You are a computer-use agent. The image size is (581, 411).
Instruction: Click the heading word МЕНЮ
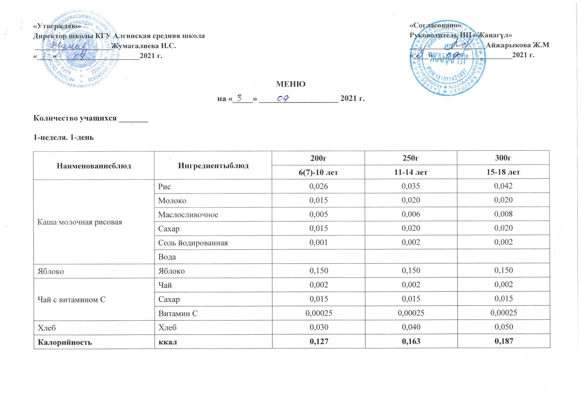coord(291,84)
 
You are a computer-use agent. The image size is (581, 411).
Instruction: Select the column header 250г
coord(411,158)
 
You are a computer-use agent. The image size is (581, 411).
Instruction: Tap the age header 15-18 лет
coord(503,172)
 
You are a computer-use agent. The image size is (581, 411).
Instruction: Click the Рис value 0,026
coord(318,186)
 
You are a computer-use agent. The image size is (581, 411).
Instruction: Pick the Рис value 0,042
coord(503,186)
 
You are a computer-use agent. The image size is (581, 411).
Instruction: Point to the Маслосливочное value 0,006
coord(411,214)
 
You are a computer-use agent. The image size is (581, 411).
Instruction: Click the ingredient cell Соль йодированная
coord(193,243)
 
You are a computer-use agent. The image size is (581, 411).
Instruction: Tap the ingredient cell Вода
coord(167,257)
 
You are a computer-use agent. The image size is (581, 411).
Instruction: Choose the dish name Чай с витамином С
coord(72,300)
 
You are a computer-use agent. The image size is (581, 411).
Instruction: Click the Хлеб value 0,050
coord(504,327)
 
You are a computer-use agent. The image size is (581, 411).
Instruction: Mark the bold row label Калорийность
coord(65,342)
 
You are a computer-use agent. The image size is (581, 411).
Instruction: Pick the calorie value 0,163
coord(411,341)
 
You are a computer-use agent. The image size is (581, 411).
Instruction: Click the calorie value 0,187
coord(504,341)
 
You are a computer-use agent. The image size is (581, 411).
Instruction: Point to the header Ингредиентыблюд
coord(213,165)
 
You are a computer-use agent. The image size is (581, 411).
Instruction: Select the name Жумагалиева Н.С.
coord(143,46)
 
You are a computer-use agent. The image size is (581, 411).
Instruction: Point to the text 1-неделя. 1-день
coord(64,137)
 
